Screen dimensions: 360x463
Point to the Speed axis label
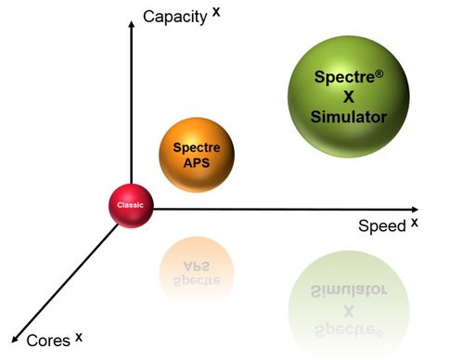[x=381, y=226]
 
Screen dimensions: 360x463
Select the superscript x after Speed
[x=415, y=221]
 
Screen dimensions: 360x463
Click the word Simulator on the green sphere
[x=348, y=117]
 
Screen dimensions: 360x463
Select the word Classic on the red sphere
[x=130, y=202]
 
